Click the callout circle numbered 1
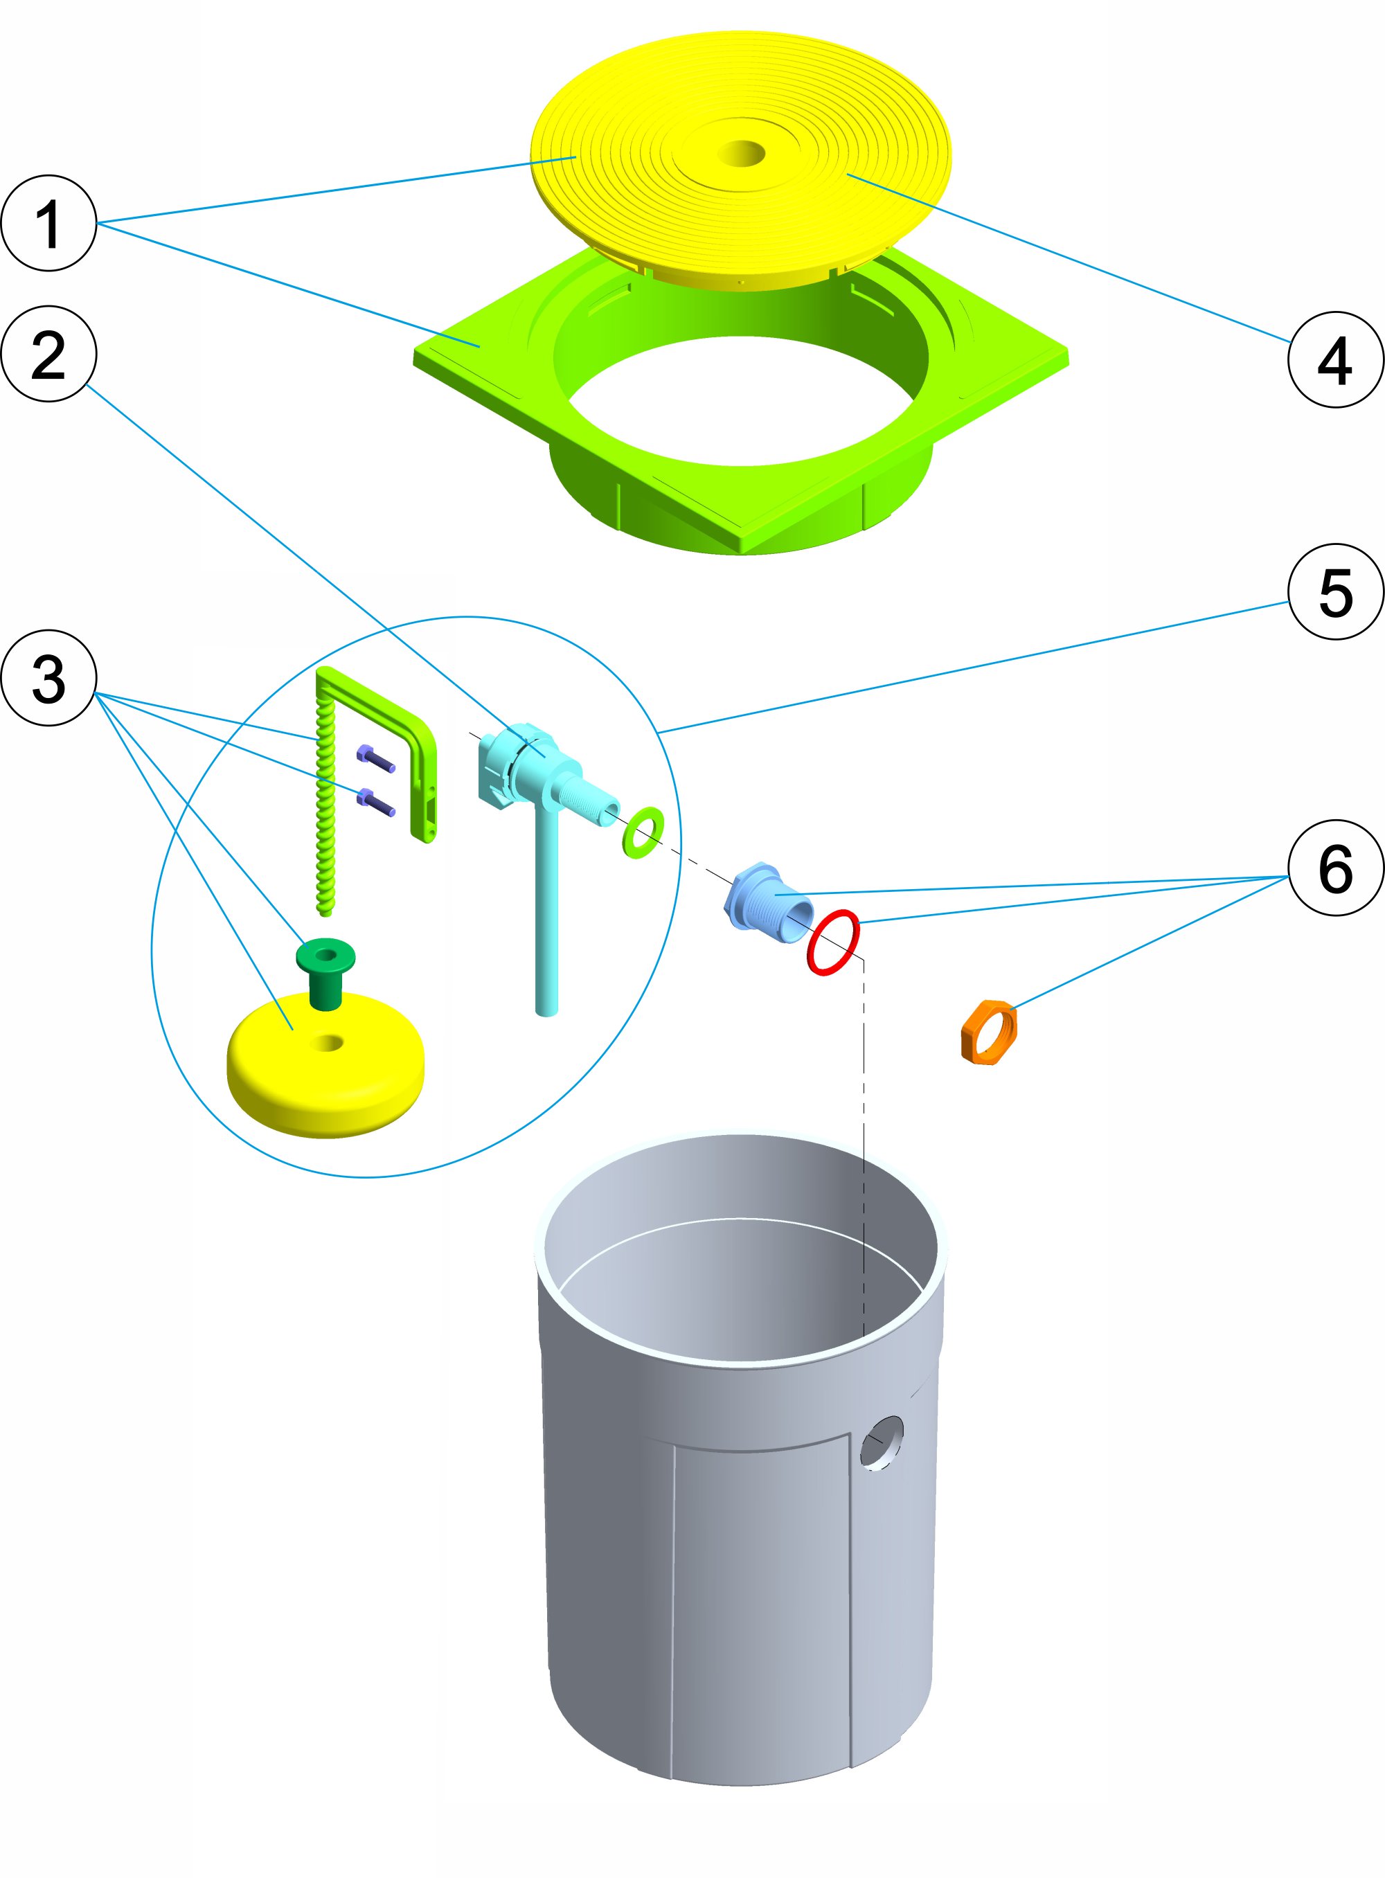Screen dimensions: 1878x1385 click(x=48, y=223)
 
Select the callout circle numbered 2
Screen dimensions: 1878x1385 click(x=48, y=354)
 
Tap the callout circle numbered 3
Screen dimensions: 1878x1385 click(x=48, y=677)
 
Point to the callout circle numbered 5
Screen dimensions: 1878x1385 click(x=1334, y=592)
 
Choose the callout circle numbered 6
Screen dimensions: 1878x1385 click(x=1334, y=867)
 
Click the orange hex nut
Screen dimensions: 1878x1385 click(x=988, y=1031)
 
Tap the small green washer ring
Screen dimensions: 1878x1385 click(x=643, y=832)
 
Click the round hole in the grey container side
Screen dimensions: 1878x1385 click(x=882, y=1442)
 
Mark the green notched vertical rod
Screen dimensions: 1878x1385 click(x=325, y=805)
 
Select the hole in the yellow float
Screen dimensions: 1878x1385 click(x=328, y=1043)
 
